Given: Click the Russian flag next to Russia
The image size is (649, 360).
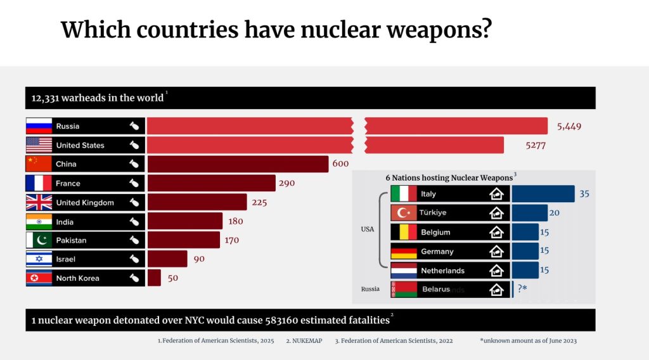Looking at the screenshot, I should tap(39, 126).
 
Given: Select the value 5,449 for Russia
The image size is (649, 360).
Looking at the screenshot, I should tap(569, 126).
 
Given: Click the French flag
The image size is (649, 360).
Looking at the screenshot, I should tap(39, 183).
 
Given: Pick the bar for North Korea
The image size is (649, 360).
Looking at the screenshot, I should tap(154, 278).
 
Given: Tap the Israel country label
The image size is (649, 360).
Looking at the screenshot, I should tap(65, 259).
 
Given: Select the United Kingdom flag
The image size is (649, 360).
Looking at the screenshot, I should tap(39, 202).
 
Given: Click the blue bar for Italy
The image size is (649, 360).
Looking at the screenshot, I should tap(543, 194).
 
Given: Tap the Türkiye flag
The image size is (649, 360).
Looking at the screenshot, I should tap(404, 213).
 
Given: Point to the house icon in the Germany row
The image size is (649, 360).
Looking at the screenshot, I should tap(497, 252).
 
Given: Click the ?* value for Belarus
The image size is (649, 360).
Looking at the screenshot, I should tap(522, 289).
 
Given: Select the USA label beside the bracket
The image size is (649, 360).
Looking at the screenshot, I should tap(368, 229).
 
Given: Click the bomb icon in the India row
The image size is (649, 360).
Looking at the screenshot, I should tap(134, 222).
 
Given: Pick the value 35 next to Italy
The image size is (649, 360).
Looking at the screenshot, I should tap(584, 194).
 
